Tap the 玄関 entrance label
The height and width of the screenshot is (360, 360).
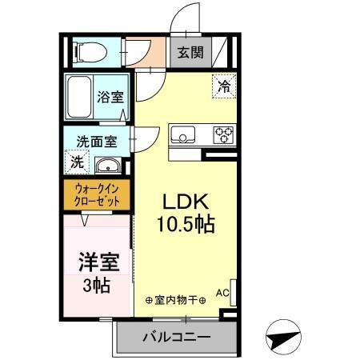[x=190, y=54]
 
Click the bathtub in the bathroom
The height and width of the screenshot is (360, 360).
[x=78, y=97]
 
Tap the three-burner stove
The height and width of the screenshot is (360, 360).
[x=223, y=134]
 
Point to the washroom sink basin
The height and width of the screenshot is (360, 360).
[x=107, y=166]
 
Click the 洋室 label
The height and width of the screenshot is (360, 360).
[x=94, y=262]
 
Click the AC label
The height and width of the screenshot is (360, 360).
[x=222, y=293]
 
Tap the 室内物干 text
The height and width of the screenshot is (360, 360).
[x=175, y=301]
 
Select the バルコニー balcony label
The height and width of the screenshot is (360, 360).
[x=177, y=337]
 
